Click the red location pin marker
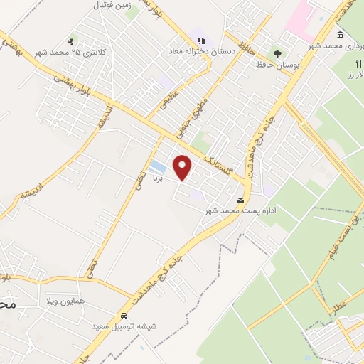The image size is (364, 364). point(183,168)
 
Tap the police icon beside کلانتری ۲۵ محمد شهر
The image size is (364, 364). point(70,41)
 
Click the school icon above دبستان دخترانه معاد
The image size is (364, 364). point(201,41)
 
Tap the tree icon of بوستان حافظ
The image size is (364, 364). point(277,52)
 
